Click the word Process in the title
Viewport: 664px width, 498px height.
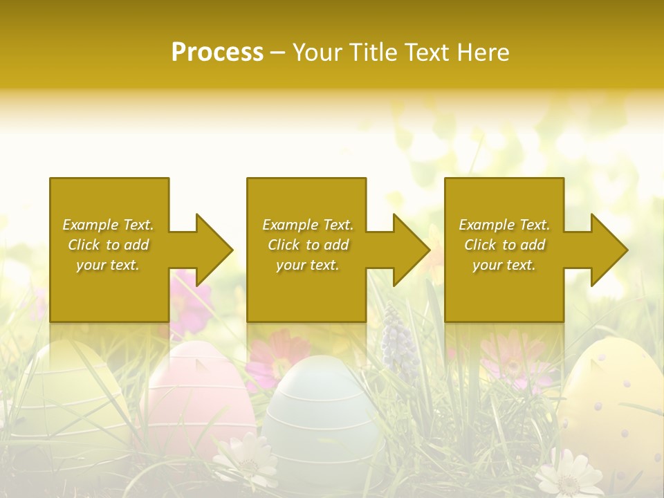pyautogui.click(x=217, y=53)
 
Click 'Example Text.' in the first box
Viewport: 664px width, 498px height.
pyautogui.click(x=108, y=225)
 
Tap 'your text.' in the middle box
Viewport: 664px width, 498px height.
pyautogui.click(x=307, y=265)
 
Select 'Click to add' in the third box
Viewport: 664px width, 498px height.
pyautogui.click(x=504, y=245)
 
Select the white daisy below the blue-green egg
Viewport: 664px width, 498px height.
pyautogui.click(x=246, y=460)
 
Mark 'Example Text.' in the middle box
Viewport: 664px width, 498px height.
pyautogui.click(x=307, y=225)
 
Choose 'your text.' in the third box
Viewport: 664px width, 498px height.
pyautogui.click(x=504, y=265)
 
